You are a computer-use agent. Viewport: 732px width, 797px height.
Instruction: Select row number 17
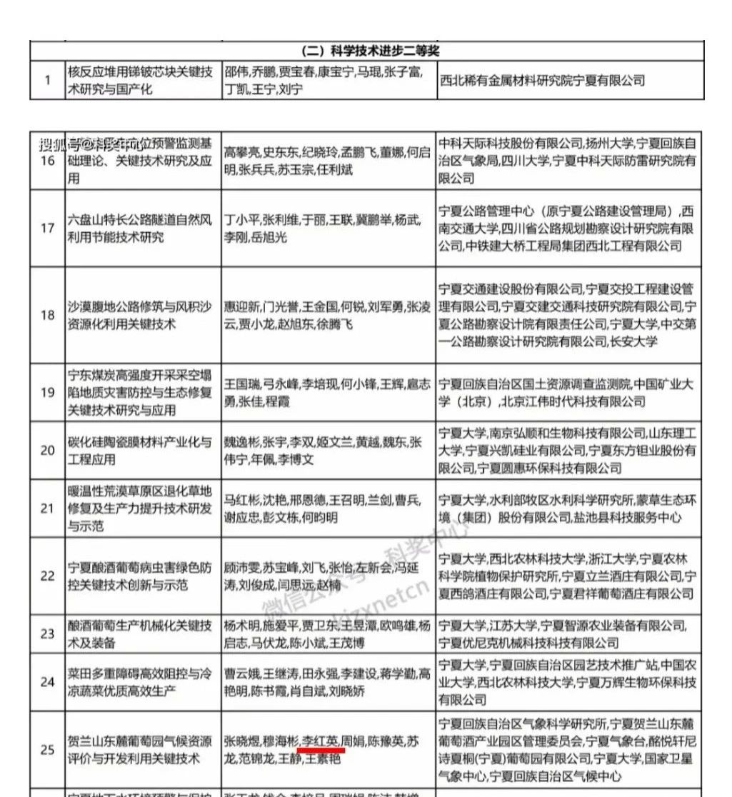pos(47,229)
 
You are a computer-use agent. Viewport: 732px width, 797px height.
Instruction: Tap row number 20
pos(47,450)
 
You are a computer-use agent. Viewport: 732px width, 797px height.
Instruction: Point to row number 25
pos(47,749)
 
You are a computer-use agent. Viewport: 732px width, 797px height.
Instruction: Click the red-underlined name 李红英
pos(321,741)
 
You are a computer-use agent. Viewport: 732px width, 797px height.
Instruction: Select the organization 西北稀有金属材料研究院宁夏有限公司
pos(543,81)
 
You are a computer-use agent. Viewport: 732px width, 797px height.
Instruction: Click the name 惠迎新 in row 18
pos(241,308)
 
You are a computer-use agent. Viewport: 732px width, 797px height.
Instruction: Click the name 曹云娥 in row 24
pos(241,673)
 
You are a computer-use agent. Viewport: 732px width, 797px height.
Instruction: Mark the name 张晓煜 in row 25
pos(241,741)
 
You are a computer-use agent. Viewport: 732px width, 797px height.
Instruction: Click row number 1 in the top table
pos(47,81)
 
